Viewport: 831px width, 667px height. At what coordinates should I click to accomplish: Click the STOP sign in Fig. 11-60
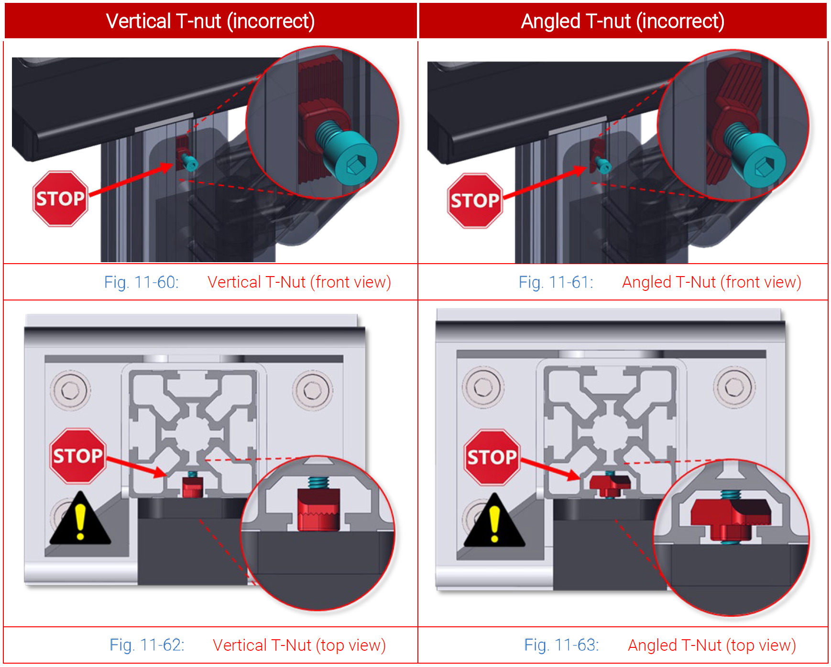[x=60, y=199]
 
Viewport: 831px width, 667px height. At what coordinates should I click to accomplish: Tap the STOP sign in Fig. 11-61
[x=475, y=201]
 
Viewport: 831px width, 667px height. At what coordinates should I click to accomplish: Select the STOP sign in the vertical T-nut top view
[x=77, y=456]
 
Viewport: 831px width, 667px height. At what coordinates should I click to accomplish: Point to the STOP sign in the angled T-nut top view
[x=492, y=457]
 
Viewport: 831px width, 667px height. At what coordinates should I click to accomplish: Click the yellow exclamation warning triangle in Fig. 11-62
[x=80, y=522]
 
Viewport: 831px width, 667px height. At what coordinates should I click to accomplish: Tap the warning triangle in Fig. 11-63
[x=494, y=523]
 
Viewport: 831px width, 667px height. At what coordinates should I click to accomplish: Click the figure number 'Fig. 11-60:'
[x=141, y=282]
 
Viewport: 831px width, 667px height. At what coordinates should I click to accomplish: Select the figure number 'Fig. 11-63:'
[x=561, y=645]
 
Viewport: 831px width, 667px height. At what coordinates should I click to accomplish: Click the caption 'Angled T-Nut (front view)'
[x=711, y=282]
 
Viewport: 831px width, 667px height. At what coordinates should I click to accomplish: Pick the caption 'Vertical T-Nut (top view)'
[x=299, y=645]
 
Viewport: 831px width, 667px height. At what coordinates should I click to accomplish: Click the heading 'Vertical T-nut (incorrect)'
[x=210, y=21]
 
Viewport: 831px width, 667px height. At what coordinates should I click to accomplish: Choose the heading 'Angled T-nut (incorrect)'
[x=623, y=21]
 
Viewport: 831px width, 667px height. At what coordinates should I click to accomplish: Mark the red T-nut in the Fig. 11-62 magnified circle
[x=318, y=510]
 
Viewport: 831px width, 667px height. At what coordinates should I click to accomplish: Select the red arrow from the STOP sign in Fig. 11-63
[x=550, y=469]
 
